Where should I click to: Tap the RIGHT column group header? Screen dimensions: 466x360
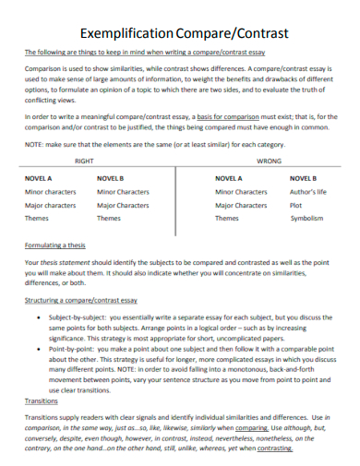(85, 160)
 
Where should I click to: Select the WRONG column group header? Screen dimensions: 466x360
(269, 160)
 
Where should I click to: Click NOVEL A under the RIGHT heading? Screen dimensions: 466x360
(38, 177)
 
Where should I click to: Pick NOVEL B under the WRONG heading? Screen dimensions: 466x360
(304, 177)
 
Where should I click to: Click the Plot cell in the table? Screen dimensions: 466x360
(296, 205)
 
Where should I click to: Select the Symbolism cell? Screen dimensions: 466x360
(307, 219)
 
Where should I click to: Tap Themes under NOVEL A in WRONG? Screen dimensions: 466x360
(227, 219)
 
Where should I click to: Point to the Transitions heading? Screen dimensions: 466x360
(42, 401)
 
